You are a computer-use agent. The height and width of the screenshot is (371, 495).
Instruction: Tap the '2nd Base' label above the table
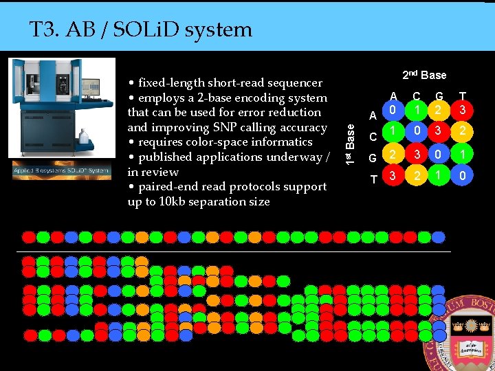click(424, 75)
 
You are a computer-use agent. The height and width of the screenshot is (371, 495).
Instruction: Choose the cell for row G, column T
click(463, 155)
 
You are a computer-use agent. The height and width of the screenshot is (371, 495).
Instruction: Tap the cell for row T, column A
click(390, 178)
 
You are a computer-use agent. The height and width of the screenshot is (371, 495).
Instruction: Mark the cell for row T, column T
click(463, 178)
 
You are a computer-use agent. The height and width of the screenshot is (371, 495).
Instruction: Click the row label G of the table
click(373, 158)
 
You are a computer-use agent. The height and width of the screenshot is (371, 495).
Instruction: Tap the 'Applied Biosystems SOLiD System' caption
click(60, 170)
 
